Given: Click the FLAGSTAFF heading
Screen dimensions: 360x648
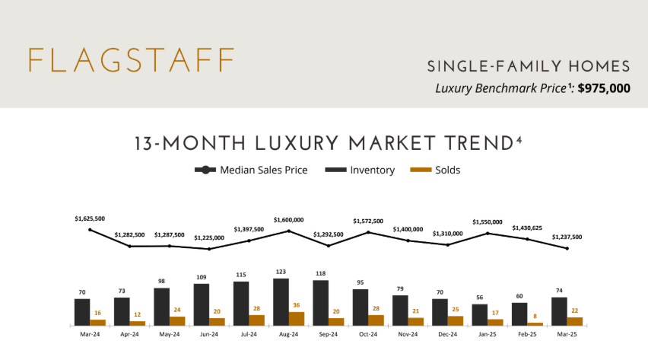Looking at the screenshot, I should [x=130, y=60].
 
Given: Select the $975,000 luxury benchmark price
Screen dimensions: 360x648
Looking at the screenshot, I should [x=604, y=88].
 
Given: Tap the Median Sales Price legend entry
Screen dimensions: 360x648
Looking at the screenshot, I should [x=251, y=170].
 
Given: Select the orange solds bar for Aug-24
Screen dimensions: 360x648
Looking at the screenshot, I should [x=297, y=318].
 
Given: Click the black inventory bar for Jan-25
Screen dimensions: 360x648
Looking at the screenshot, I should [x=479, y=314].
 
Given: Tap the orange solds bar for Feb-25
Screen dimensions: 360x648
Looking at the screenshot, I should [x=535, y=323].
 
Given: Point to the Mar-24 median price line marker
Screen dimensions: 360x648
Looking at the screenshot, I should [x=90, y=230].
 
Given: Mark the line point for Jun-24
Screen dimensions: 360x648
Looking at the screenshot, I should [x=209, y=248].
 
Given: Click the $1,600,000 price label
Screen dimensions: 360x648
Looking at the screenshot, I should [x=288, y=220].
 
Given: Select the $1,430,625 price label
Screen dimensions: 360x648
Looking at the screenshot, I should [x=527, y=228].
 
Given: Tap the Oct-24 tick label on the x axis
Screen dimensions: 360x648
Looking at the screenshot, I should [x=368, y=333].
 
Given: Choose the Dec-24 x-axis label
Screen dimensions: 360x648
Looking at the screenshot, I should [x=447, y=333].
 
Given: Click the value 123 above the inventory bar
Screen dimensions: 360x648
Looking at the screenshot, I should [x=281, y=272].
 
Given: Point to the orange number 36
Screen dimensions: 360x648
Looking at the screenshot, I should [x=297, y=305].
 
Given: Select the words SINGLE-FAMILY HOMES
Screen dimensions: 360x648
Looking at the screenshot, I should [x=529, y=65].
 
